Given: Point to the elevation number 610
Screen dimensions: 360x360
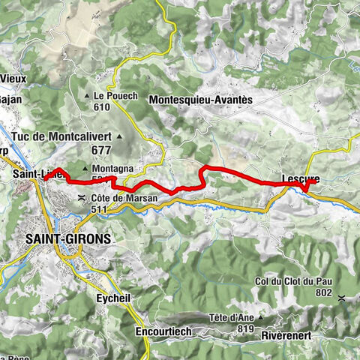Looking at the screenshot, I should click(102, 107).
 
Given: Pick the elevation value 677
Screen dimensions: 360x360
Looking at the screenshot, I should click(99, 149).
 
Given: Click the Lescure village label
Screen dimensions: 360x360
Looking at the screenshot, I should click(299, 178).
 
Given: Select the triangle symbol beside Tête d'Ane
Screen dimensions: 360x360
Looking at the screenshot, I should click(260, 317).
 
